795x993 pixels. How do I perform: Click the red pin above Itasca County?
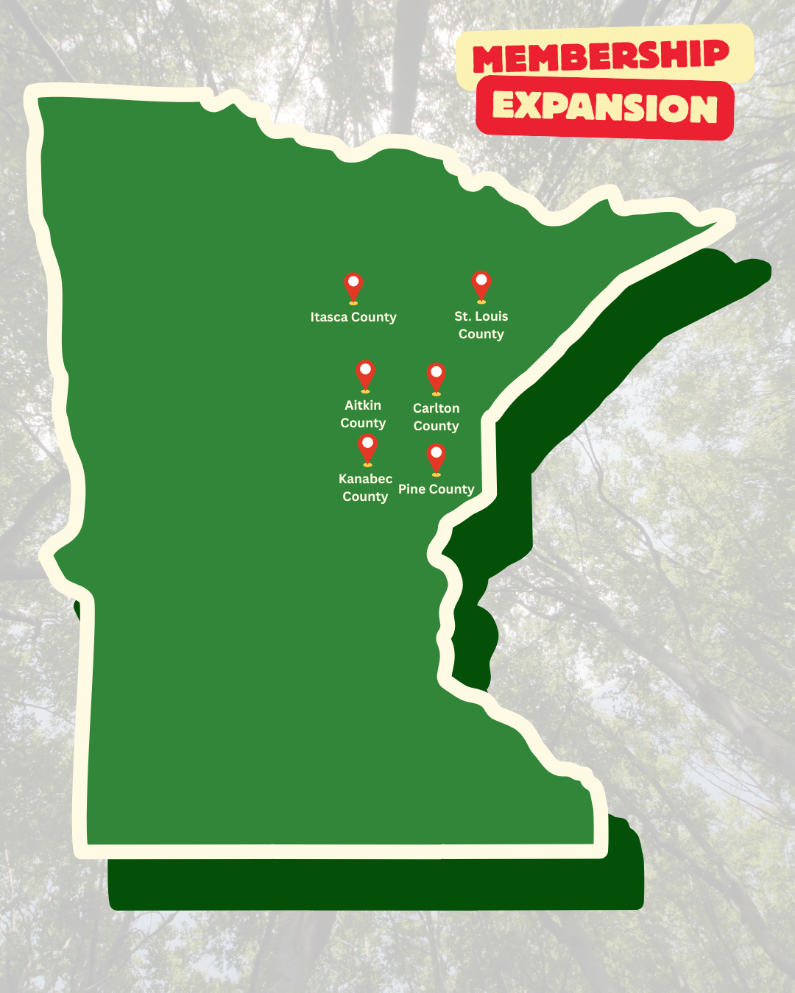coord(353,286)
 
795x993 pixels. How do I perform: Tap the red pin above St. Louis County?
coord(481,284)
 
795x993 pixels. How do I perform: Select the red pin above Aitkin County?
coord(365,374)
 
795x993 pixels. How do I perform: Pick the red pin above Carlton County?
coord(437,377)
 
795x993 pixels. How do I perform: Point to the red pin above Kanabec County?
coord(367,447)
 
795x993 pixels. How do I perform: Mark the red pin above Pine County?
coord(437,457)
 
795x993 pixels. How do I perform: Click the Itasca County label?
coord(353,317)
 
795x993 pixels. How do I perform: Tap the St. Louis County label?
coord(481,325)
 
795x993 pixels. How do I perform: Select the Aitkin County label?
coord(363,414)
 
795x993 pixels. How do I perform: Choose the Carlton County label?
coord(437,417)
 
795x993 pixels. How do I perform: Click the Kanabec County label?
coord(365,488)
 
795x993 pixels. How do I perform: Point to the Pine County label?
coord(437,489)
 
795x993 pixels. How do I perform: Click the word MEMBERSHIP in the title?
coord(601,56)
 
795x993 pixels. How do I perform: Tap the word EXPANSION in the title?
coord(604,107)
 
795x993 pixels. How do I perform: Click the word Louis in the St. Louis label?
coord(491,316)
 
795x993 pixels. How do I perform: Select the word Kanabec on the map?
coord(365,479)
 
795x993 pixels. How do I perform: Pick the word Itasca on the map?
coord(329,317)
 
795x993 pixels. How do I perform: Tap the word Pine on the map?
coord(412,489)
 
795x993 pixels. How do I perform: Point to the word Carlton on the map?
coord(437,408)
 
